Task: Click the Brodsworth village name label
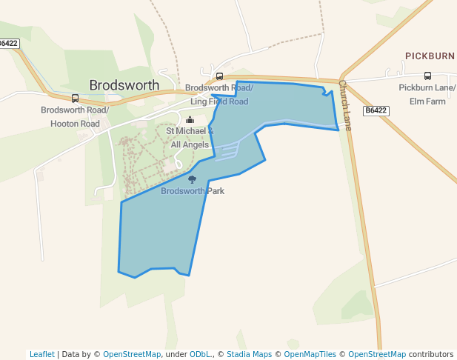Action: tap(124, 85)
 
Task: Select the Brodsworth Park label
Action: tap(193, 191)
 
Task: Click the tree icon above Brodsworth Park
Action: tap(193, 179)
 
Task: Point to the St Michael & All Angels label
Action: tap(190, 138)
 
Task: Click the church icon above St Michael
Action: tap(190, 120)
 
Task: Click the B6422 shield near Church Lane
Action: tap(376, 110)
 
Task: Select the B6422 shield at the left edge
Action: tap(8, 44)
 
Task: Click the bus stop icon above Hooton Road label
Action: tap(75, 98)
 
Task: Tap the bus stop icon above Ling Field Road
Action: tap(219, 76)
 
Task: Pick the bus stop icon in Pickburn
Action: tap(427, 76)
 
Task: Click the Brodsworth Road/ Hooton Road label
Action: tap(75, 117)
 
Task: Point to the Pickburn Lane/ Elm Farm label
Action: tap(427, 94)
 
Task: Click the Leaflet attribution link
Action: tap(41, 354)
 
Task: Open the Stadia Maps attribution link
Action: tap(250, 354)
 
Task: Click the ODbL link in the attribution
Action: tap(199, 354)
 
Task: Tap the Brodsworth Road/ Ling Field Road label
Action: tap(219, 95)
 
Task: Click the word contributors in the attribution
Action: tap(431, 354)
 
